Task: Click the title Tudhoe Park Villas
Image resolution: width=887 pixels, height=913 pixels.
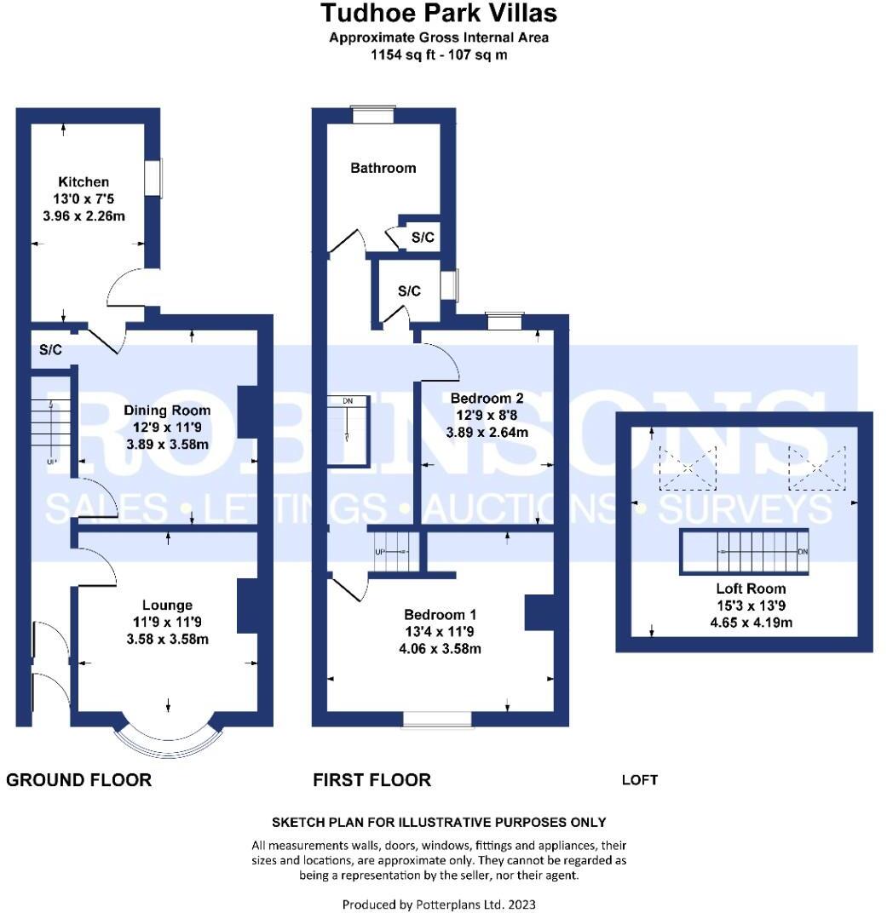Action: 439,13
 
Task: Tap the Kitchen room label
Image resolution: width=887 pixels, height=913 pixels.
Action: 84,181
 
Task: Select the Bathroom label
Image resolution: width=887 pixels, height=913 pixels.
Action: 383,168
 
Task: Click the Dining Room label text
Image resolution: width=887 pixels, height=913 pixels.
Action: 167,411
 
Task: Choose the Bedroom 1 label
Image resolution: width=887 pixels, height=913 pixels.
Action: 440,615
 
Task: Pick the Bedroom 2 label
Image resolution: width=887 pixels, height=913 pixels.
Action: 487,398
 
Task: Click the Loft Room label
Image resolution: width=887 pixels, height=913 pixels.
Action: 752,589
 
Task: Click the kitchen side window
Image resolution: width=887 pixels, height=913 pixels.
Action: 153,179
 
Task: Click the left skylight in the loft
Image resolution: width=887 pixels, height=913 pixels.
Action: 688,468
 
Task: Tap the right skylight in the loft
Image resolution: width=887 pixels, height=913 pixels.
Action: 816,468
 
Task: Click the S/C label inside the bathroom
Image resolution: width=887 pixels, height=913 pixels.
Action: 423,238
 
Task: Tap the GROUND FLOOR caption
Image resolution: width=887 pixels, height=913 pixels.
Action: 79,780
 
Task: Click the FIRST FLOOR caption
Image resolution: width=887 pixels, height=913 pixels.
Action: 372,780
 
